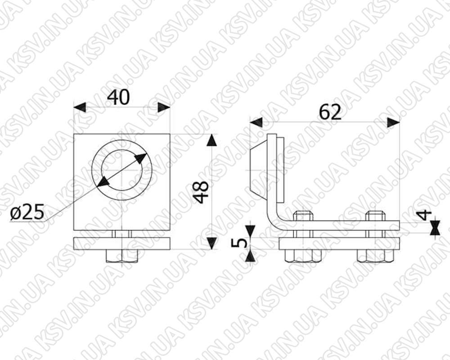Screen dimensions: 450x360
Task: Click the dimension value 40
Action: tap(118, 97)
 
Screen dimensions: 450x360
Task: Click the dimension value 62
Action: tap(330, 112)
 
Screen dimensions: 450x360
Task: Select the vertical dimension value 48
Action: tap(201, 192)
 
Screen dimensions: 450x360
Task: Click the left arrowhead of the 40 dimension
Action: tap(80, 108)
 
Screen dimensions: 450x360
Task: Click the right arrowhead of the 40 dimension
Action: tap(164, 108)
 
